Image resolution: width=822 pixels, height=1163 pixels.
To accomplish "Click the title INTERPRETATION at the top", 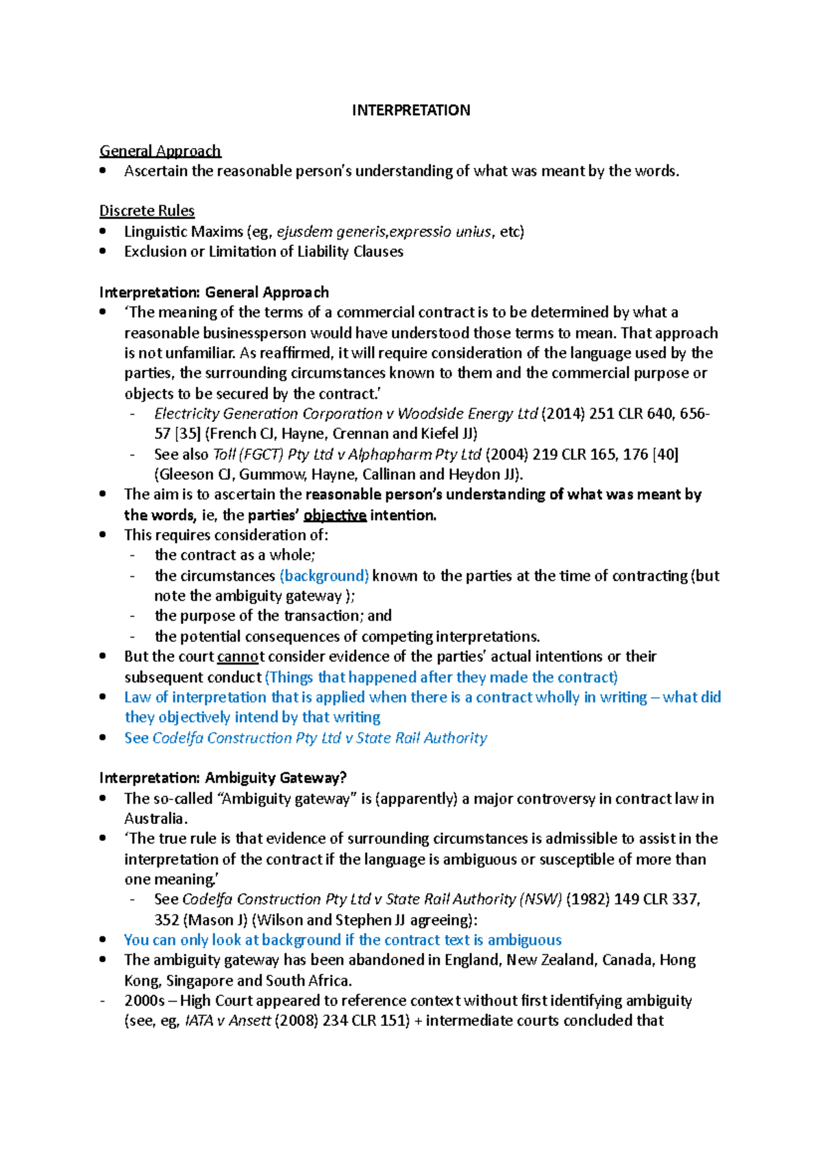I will pos(410,110).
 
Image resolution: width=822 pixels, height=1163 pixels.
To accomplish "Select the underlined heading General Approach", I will pos(160,151).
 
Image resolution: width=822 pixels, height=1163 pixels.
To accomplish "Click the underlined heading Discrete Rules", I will pos(147,211).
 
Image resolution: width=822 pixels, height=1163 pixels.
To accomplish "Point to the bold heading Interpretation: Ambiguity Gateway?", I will pos(223,778).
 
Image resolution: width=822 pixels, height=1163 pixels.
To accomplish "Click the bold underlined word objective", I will pos(335,515).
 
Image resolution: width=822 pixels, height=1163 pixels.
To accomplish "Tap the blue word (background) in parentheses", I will pos(324,575).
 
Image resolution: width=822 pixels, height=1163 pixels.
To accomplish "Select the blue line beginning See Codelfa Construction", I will pos(306,738).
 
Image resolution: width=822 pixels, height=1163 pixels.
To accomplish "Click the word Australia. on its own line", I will pos(155,818).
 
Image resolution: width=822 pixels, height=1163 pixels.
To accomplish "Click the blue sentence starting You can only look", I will pos(342,940).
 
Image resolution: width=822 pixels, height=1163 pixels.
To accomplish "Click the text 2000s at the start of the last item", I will pos(145,1001).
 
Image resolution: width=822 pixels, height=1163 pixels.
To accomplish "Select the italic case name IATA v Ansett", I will pos(228,1021).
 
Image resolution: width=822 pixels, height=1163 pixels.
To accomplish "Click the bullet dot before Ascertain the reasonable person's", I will pos(103,171).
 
